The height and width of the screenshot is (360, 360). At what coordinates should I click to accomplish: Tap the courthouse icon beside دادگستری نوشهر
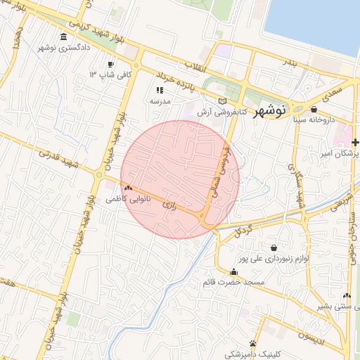[64, 37]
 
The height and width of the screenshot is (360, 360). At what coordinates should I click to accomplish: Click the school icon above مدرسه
[160, 90]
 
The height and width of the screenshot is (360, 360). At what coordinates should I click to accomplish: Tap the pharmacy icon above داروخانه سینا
[314, 109]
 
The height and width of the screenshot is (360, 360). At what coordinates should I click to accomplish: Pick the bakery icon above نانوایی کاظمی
[128, 188]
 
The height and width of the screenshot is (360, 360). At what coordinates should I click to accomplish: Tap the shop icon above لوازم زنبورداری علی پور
[274, 247]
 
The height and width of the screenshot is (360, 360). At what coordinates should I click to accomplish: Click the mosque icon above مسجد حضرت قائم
[233, 271]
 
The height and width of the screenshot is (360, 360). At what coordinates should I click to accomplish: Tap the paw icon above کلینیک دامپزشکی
[252, 343]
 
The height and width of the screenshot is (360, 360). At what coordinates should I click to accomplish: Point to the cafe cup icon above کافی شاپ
[110, 64]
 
